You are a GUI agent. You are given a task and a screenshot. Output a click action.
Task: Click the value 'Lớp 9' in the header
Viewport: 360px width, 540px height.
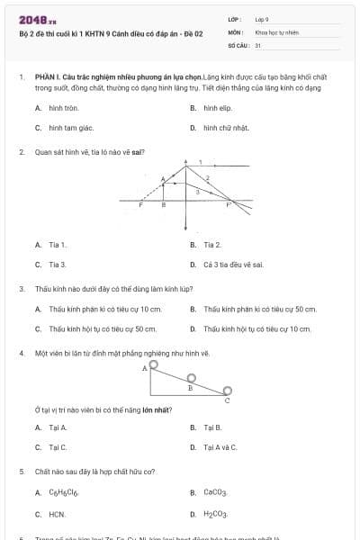coord(263,19)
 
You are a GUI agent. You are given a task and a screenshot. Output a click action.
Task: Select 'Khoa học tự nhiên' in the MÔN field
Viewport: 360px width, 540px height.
coord(276,31)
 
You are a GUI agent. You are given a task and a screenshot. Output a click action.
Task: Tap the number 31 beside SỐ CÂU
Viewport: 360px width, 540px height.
coord(258,44)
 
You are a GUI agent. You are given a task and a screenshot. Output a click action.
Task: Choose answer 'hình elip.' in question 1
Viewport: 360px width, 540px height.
coord(212,107)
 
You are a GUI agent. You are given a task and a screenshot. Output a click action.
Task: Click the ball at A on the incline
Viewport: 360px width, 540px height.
coord(154,364)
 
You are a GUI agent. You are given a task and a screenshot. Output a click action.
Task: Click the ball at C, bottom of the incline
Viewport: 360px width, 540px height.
coord(227,390)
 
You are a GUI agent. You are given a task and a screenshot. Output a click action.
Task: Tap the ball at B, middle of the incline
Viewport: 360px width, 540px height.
coord(190,378)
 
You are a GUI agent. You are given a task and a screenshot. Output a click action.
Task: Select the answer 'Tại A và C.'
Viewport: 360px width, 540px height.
coord(220,446)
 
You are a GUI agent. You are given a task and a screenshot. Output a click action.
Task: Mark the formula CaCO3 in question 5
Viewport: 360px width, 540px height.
coord(215,493)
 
